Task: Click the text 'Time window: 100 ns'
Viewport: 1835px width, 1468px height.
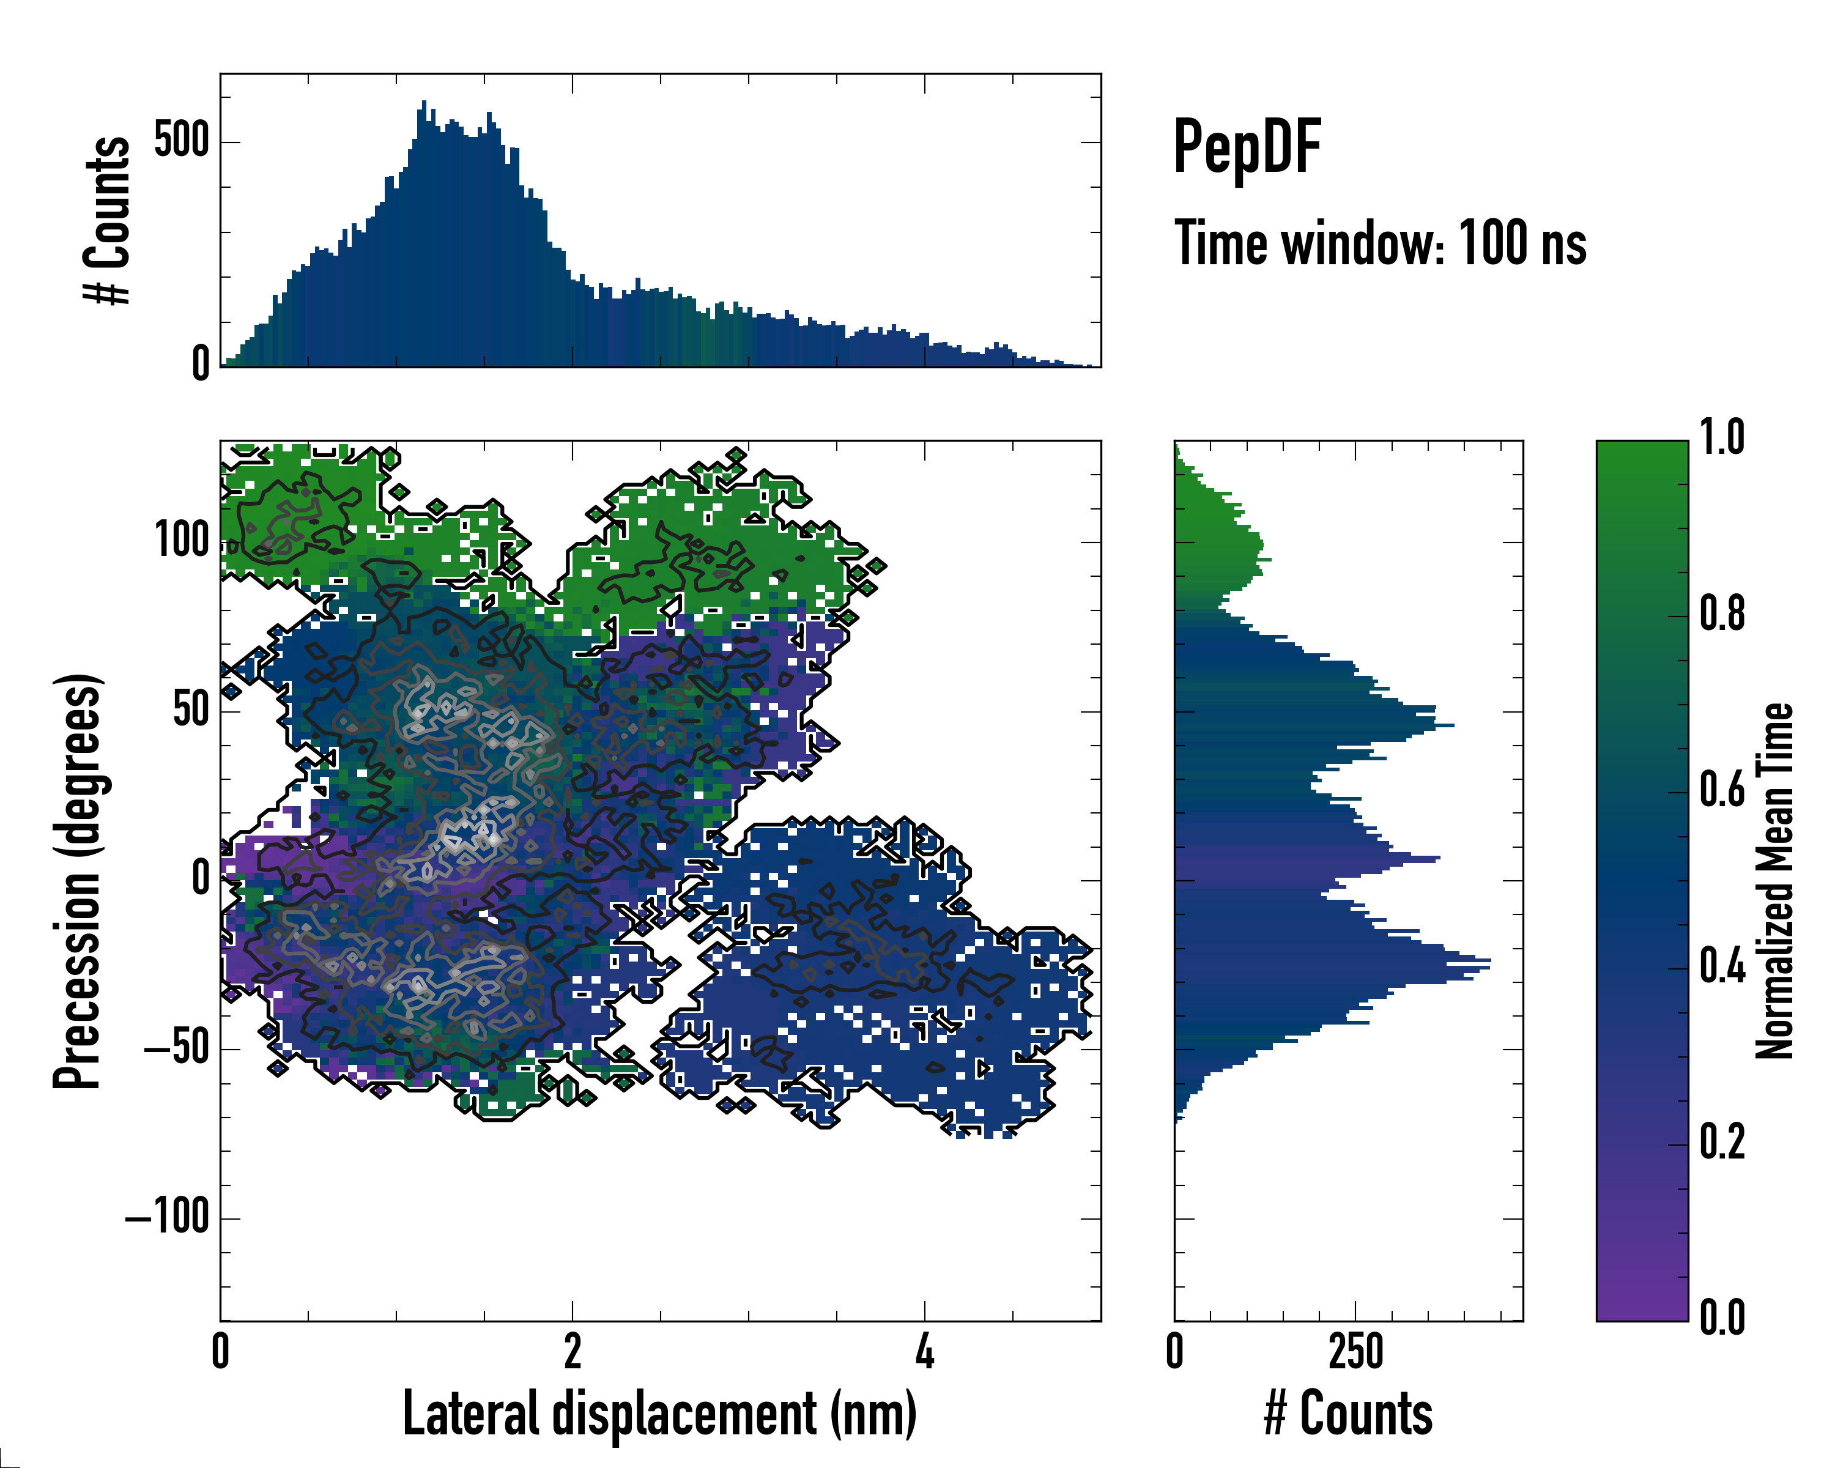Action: pos(1380,244)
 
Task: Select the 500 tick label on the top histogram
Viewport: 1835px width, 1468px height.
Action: pos(182,141)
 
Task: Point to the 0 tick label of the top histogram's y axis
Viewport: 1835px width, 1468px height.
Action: pos(201,364)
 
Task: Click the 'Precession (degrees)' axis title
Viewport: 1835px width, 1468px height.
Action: pos(78,881)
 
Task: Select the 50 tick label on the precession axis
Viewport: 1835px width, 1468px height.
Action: pos(191,709)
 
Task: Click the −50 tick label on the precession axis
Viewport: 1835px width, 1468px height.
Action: pos(177,1048)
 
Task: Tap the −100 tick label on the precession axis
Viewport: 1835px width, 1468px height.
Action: pos(168,1217)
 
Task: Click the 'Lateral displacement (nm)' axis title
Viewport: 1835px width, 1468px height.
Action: pos(659,1414)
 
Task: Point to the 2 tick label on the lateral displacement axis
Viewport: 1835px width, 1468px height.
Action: pos(572,1351)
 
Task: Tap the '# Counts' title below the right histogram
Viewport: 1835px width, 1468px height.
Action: pos(1348,1414)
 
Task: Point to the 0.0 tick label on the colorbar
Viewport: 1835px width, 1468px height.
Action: pos(1722,1318)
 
